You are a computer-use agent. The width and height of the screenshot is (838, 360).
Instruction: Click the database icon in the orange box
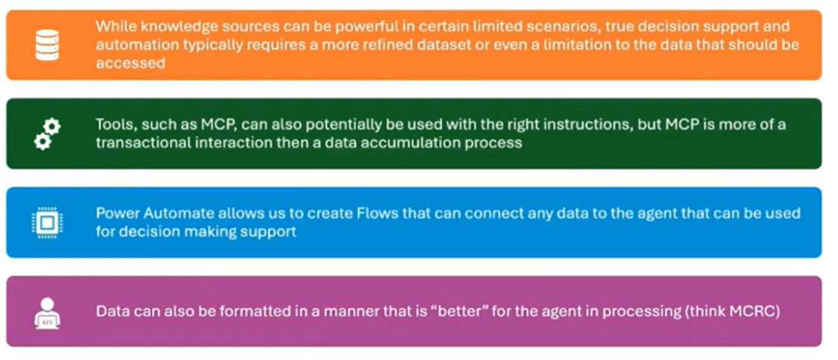point(47,45)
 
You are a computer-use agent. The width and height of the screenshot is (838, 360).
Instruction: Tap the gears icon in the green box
point(47,133)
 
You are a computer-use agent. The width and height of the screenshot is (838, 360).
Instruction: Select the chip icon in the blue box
point(47,222)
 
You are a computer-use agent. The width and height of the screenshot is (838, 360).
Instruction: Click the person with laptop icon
point(47,312)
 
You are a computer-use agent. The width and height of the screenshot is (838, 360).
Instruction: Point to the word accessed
point(130,63)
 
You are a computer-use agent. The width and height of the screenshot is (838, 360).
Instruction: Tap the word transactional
point(137,143)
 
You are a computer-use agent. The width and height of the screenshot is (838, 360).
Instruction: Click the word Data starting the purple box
point(110,312)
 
